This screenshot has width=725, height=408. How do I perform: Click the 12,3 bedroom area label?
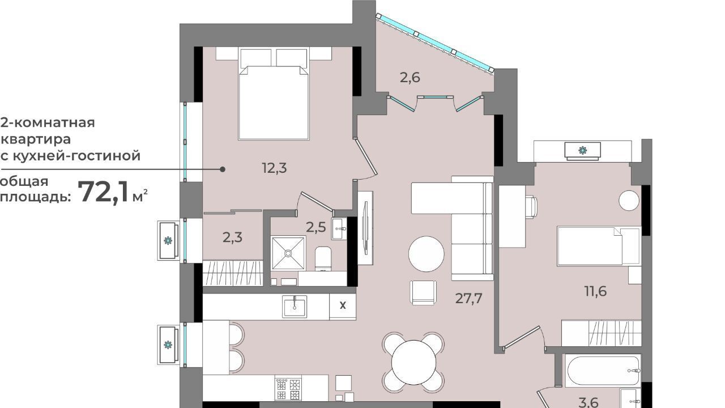pyautogui.click(x=274, y=168)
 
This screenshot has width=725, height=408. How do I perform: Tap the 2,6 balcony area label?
pyautogui.click(x=410, y=78)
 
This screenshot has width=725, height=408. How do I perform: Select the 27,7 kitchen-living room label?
pyautogui.click(x=468, y=298)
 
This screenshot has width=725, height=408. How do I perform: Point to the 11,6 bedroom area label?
pyautogui.click(x=595, y=291)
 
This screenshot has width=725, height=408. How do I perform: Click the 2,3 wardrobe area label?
pyautogui.click(x=232, y=237)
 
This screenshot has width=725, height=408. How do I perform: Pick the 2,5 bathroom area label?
pyautogui.click(x=316, y=227)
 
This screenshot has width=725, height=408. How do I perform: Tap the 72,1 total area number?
pyautogui.click(x=104, y=192)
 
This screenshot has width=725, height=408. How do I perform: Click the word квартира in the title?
pyautogui.click(x=36, y=139)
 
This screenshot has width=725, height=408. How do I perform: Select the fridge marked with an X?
pyautogui.click(x=343, y=306)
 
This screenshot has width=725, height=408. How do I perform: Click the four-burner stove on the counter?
pyautogui.click(x=288, y=389)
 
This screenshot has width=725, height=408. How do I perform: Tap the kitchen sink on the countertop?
pyautogui.click(x=294, y=307)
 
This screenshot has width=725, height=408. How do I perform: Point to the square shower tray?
pyautogui.click(x=288, y=253)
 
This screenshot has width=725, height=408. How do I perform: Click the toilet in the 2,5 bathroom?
pyautogui.click(x=323, y=258)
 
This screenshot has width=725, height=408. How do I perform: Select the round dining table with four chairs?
pyautogui.click(x=413, y=362)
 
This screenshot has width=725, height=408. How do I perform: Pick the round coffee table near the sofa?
pyautogui.click(x=426, y=254)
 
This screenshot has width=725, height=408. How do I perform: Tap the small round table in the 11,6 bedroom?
pyautogui.click(x=629, y=201)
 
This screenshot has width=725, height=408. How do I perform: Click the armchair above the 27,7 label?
pyautogui.click(x=423, y=292)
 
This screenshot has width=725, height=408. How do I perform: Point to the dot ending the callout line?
pyautogui.click(x=223, y=169)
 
